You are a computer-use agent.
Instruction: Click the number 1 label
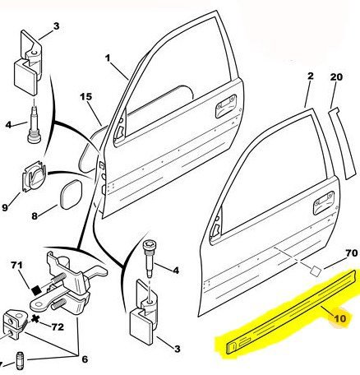[108, 58]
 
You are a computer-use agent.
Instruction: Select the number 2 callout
[310, 76]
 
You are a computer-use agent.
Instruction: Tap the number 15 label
[85, 97]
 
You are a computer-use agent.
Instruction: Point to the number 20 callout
[336, 77]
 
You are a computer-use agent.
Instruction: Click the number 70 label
[352, 253]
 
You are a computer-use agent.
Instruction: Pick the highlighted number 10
[340, 318]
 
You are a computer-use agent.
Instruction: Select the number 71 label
[17, 265]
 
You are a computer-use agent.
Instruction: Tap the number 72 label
[58, 326]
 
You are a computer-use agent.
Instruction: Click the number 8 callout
[35, 216]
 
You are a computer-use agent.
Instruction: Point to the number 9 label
[5, 207]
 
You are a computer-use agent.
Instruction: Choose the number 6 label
[85, 359]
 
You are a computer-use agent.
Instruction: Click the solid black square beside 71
[36, 289]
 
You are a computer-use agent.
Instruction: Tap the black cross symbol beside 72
[35, 319]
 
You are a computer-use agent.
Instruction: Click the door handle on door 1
[226, 106]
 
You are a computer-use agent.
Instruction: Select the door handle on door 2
[324, 203]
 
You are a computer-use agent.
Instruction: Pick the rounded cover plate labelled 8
[71, 194]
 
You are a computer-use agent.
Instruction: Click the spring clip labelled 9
[34, 176]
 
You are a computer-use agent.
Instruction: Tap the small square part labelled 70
[316, 271]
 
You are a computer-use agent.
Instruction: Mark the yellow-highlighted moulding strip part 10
[292, 311]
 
